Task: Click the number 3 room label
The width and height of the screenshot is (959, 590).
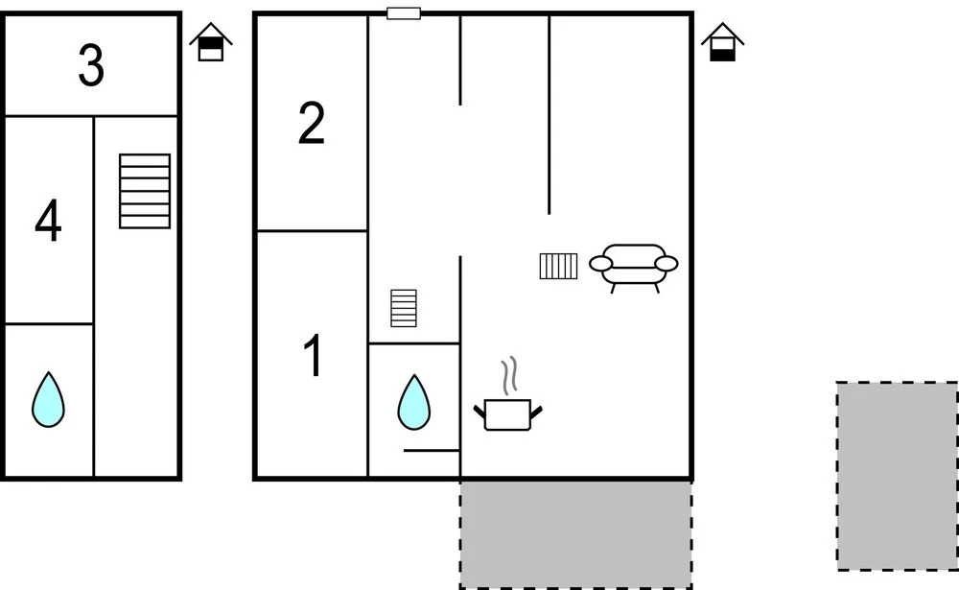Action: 91,65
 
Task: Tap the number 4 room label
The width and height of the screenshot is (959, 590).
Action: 48,221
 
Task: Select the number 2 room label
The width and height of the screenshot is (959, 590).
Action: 312,124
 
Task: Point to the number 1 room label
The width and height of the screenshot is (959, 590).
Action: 314,356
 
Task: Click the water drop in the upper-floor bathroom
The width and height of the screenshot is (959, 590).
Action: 48,399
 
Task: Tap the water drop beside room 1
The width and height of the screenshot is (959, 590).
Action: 414,402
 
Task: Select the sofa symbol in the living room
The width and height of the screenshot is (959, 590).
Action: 634,268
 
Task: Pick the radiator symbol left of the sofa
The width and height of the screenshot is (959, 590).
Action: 558,267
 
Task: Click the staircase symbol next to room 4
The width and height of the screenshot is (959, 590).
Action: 145,191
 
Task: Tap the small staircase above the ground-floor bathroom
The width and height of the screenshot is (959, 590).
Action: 404,309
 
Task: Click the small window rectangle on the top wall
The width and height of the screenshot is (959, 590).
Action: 404,13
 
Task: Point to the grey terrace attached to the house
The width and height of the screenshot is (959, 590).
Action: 576,534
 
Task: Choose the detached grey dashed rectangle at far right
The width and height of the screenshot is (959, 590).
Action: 898,477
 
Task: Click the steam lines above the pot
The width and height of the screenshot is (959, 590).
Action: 510,375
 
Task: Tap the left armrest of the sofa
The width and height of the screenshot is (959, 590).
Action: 600,264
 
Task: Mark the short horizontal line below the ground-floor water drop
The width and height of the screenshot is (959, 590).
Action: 432,451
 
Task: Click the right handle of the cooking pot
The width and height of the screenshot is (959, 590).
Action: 536,413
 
